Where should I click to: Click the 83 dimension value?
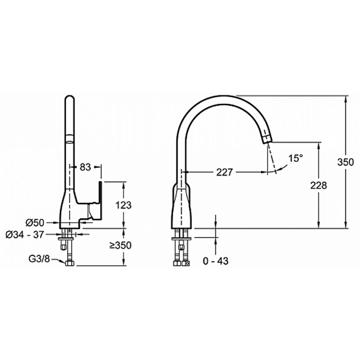point(85,167)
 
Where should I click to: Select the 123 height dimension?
point(123,205)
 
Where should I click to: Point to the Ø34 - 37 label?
point(25,235)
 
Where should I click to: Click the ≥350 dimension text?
point(121,245)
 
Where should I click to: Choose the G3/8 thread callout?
point(39,259)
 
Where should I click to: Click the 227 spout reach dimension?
point(224,172)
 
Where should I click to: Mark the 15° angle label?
point(295,158)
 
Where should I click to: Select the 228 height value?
point(319,185)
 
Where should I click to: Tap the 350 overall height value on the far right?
point(346,162)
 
